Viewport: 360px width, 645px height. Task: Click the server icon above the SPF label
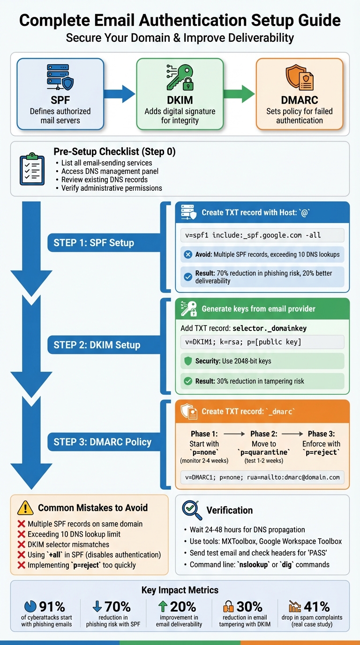click(x=60, y=78)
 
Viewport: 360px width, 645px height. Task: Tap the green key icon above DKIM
click(x=180, y=77)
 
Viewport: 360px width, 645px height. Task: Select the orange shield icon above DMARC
click(x=299, y=78)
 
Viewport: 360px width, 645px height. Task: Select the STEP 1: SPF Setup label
click(x=94, y=243)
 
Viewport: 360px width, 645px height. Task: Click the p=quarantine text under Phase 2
click(x=264, y=452)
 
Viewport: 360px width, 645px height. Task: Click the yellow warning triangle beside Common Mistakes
click(x=25, y=508)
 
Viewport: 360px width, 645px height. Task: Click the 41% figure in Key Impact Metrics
click(x=317, y=607)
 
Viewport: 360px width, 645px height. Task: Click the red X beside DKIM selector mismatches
click(x=21, y=545)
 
